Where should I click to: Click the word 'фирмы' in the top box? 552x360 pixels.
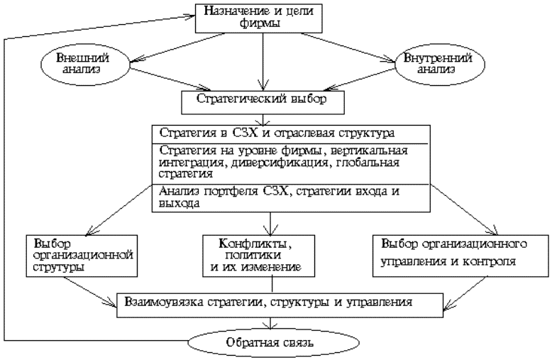pos(263,23)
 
